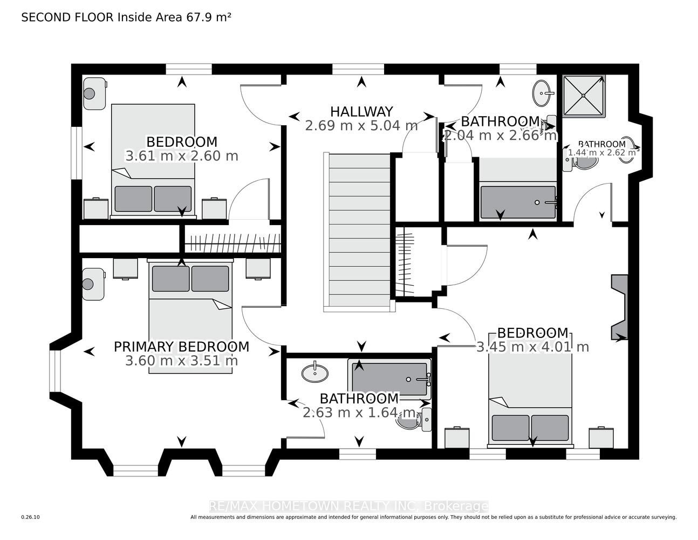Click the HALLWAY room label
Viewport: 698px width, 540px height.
[x=361, y=112]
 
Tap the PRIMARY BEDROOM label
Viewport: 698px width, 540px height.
[x=181, y=347]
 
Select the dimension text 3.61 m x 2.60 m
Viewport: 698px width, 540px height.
[x=181, y=156]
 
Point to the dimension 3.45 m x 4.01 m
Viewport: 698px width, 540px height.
[x=532, y=347]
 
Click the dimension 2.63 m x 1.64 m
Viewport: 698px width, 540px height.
[x=359, y=413]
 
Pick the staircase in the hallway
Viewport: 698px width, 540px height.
[x=359, y=232]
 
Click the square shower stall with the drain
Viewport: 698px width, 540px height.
[x=584, y=96]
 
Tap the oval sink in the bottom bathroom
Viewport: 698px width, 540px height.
[x=315, y=373]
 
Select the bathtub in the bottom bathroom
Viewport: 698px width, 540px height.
[x=389, y=379]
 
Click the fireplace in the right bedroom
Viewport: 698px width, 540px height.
[x=619, y=307]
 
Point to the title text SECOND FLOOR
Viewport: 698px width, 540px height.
[x=67, y=17]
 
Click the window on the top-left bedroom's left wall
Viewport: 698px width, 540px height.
[x=77, y=153]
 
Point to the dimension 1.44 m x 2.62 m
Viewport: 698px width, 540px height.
[x=601, y=152]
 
